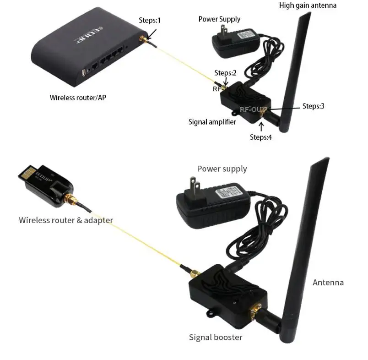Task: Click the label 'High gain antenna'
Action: coord(308,5)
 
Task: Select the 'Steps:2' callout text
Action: coord(225,73)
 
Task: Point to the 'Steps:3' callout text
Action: coord(314,106)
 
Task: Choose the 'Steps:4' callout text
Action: coord(261,136)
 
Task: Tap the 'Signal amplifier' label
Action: coord(212,122)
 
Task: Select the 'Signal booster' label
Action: coord(216,338)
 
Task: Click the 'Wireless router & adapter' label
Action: coord(65,220)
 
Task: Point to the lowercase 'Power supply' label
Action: coord(222,169)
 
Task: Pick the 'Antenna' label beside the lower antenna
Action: coord(328,282)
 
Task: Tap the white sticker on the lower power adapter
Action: coord(227,191)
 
